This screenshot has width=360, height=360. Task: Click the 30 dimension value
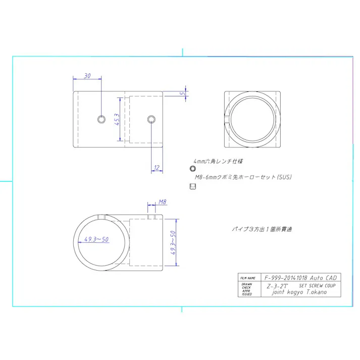(87, 76)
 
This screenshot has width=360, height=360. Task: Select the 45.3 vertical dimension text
(117, 122)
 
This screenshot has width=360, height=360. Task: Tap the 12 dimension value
(157, 168)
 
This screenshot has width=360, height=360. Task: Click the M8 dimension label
(162, 202)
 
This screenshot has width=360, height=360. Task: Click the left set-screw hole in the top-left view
(101, 119)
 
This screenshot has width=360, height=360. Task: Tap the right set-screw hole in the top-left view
(151, 119)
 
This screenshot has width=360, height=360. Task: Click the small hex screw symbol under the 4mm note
(192, 169)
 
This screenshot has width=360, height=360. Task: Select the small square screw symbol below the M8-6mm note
(192, 186)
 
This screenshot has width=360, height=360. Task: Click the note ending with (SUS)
(243, 177)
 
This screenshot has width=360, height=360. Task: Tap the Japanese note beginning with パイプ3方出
(262, 229)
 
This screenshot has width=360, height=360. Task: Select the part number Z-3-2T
(277, 285)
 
